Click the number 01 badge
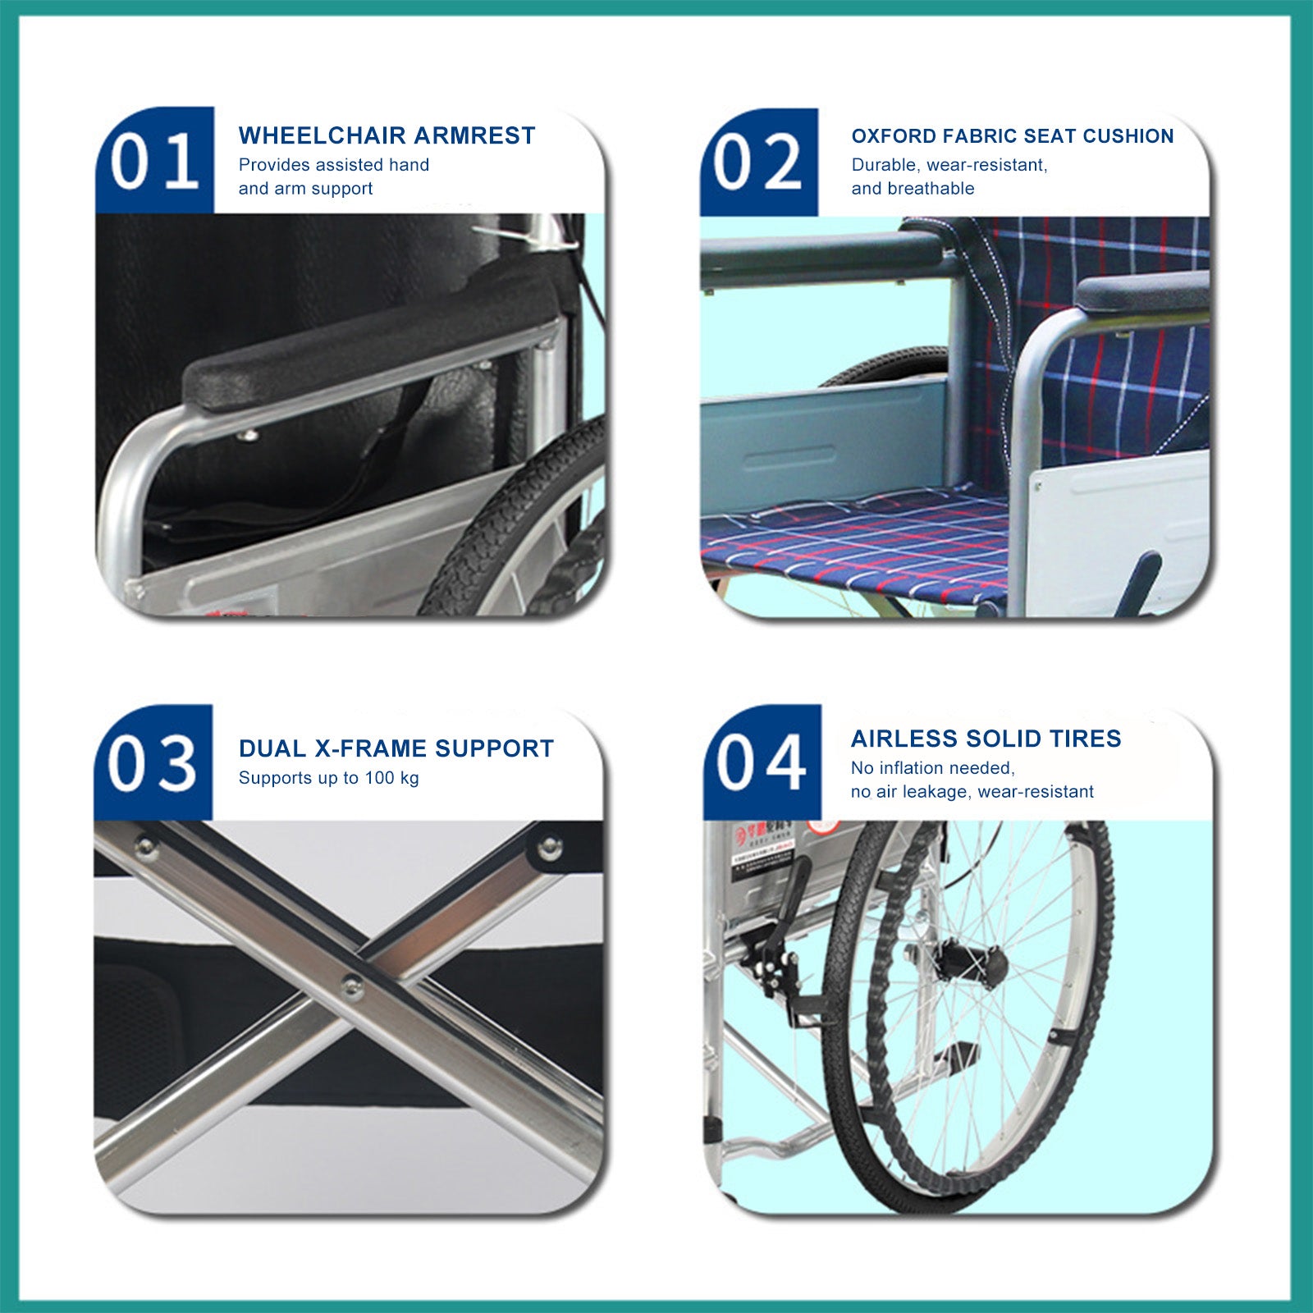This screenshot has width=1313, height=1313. [x=154, y=161]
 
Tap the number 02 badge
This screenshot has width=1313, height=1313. [x=758, y=162]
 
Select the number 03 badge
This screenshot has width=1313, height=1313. [x=153, y=762]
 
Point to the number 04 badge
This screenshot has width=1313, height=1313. [x=761, y=762]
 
